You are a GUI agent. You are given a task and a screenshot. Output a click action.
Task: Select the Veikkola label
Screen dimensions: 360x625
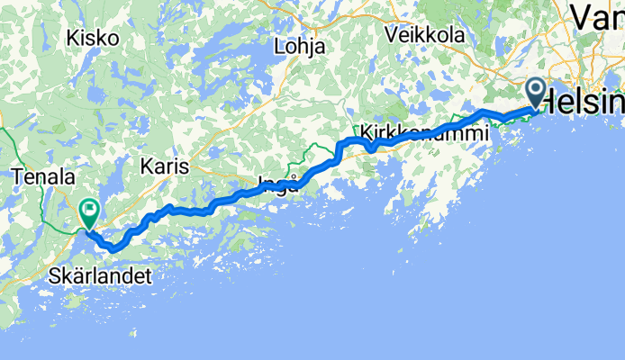423,35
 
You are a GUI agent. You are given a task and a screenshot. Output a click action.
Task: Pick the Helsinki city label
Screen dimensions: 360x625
589,101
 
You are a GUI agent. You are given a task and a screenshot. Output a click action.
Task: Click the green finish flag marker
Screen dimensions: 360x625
90,213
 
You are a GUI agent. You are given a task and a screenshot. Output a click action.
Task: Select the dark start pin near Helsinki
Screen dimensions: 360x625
535,93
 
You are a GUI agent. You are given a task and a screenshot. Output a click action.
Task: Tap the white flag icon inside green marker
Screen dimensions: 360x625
90,211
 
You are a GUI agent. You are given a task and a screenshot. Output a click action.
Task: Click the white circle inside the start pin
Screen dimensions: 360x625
535,88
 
